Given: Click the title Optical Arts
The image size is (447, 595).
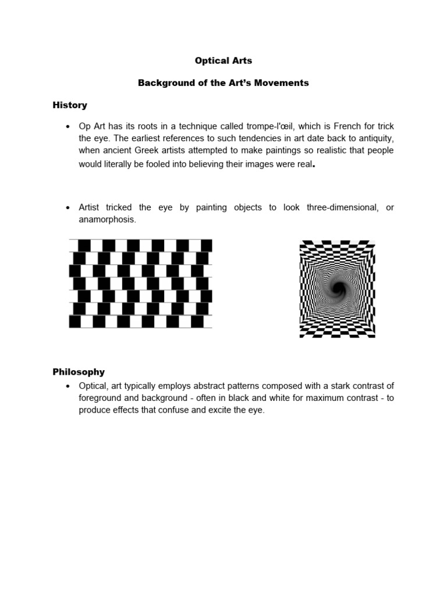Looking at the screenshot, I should (x=223, y=60).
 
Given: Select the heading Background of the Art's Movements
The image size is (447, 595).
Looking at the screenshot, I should (x=223, y=83).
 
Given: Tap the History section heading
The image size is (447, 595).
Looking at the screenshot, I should (x=70, y=105).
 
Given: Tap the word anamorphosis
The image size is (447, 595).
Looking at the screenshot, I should (x=107, y=220).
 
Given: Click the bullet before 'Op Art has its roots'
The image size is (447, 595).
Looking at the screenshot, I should (x=69, y=127).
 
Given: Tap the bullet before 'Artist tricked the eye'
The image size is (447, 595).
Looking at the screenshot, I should (x=69, y=208).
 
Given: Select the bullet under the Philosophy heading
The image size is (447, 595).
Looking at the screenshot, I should (x=69, y=386).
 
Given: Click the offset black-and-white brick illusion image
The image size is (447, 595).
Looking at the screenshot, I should (x=140, y=283).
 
